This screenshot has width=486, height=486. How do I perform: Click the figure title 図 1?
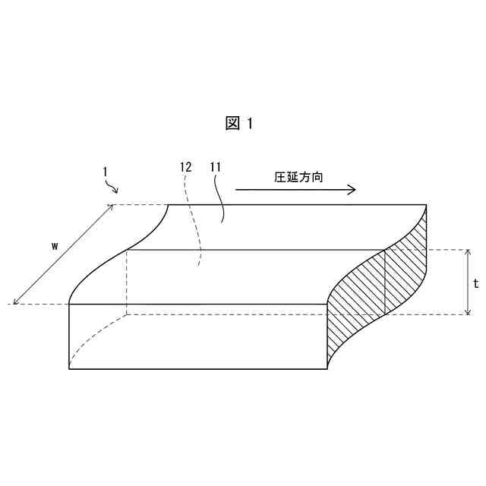pos(238,124)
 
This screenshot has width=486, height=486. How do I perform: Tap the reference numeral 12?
pos(186,166)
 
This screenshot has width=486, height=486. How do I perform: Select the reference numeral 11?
pos(215,166)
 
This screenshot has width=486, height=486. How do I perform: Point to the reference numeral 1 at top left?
pos(105,172)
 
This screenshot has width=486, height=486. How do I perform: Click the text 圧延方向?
pos(298,177)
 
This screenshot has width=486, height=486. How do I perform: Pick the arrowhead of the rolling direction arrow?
pos(352,190)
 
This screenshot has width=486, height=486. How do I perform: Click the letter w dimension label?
pos(55,245)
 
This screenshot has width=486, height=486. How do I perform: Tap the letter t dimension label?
pos(475,283)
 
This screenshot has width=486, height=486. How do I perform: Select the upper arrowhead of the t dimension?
pos(468,252)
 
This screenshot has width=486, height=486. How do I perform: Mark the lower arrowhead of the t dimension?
pos(468,311)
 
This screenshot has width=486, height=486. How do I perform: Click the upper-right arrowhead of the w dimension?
pos(112,207)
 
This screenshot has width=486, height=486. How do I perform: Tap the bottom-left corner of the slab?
pos(69,369)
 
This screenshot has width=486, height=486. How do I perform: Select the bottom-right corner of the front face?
pos(327,369)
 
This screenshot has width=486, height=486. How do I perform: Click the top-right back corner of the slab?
pos(426,205)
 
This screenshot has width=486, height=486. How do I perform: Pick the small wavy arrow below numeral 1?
pos(112,187)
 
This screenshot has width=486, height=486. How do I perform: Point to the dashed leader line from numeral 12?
pos(197,220)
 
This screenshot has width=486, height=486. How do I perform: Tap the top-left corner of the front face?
pos(69,304)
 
